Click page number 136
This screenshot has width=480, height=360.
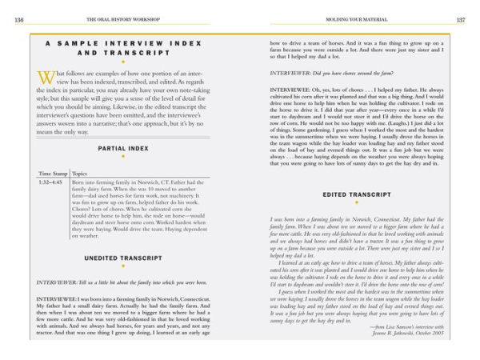(18, 19)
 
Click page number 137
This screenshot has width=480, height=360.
(461, 19)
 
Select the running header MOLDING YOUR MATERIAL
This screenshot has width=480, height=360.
(358, 19)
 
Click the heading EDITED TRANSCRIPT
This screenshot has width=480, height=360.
(358, 194)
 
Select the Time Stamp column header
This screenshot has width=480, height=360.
(54, 172)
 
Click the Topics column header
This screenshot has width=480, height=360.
(80, 172)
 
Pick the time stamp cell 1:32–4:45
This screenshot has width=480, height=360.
(53, 182)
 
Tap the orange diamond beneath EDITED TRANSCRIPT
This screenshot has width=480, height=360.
(358, 203)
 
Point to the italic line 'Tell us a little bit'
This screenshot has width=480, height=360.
(118, 282)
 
